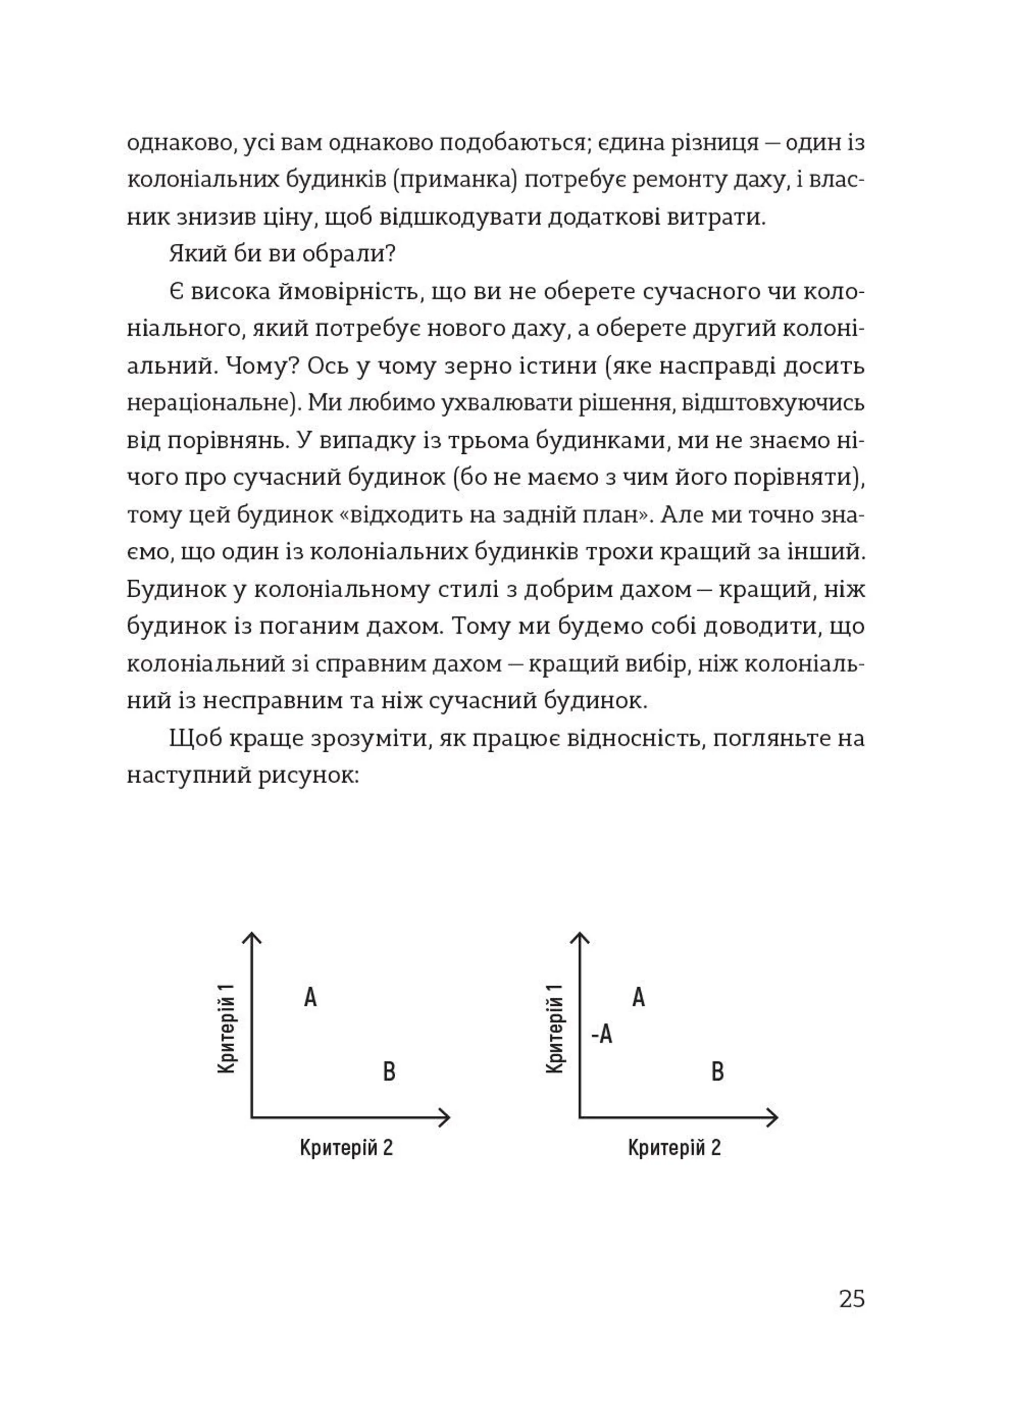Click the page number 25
coord(851,1299)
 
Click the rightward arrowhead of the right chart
coord(772,1117)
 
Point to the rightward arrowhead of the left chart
coord(444,1117)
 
